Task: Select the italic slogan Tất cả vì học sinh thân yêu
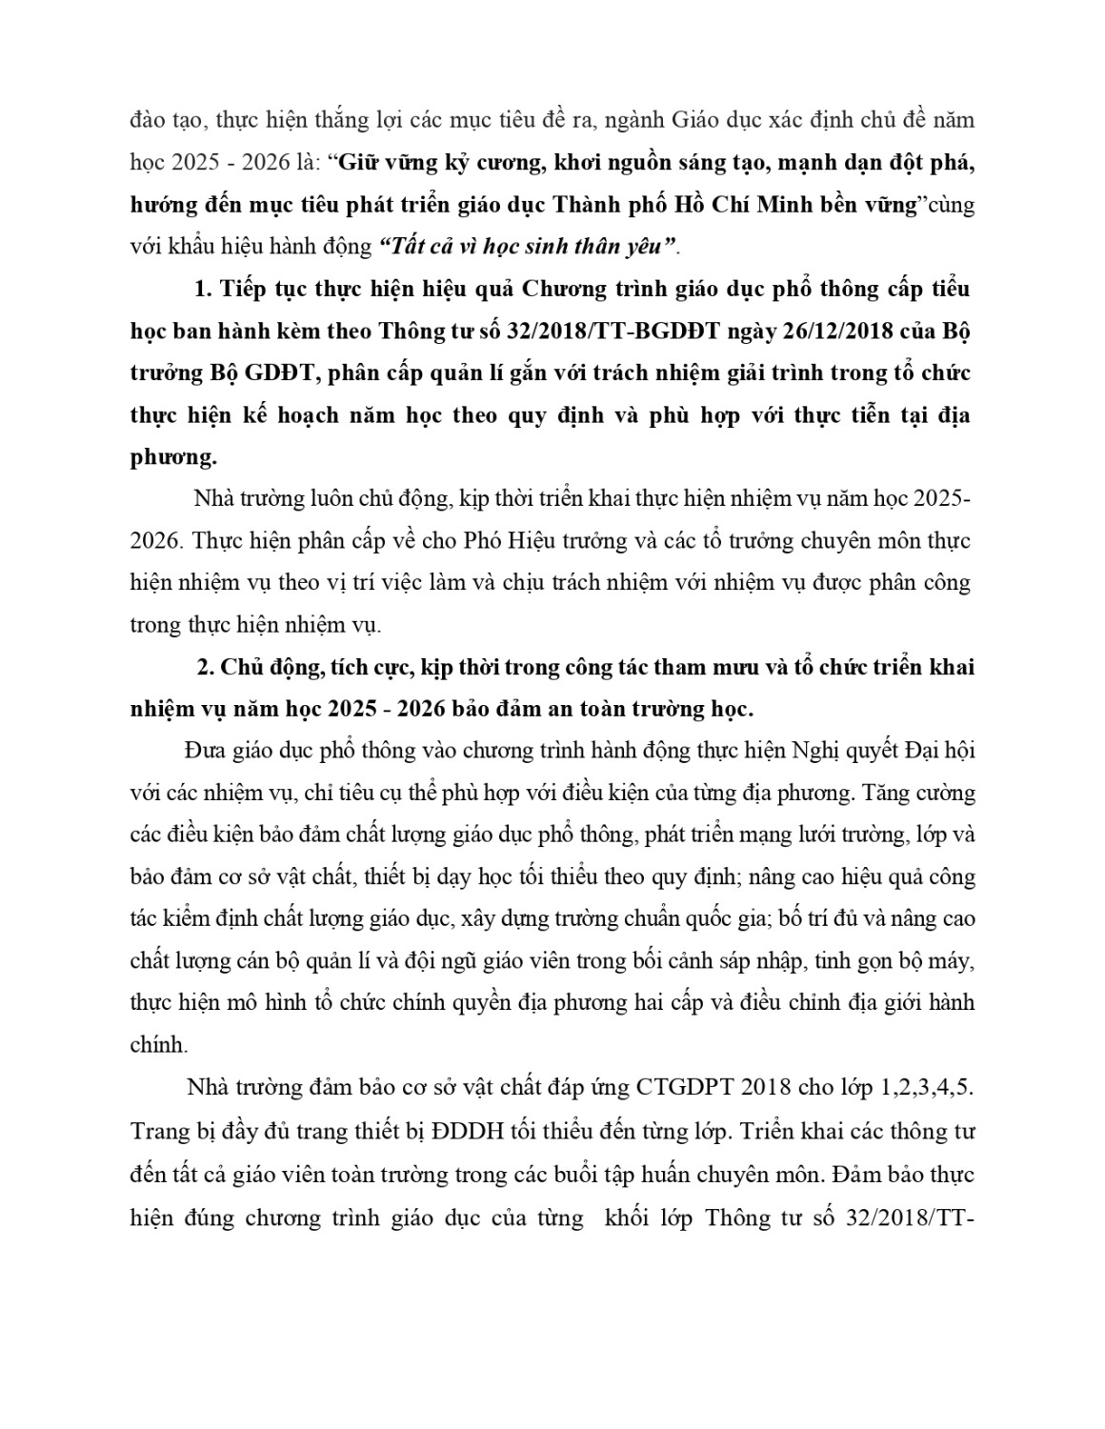528,246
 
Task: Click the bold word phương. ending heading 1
172,457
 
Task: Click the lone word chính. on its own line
158,1045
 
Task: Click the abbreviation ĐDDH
462,1133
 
